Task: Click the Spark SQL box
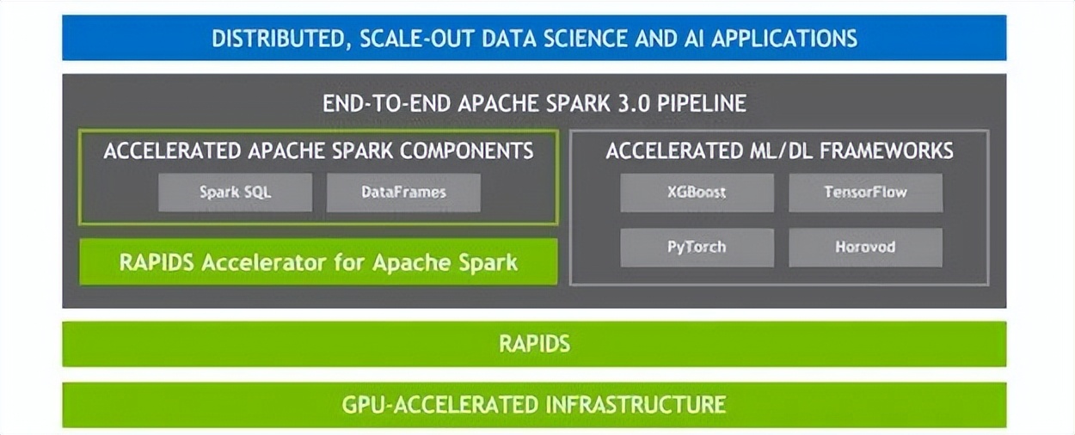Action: coord(235,193)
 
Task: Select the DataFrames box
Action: coord(403,193)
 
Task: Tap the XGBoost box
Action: coord(697,193)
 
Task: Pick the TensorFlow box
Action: coord(865,193)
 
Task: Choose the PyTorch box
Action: coord(697,247)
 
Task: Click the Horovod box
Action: coord(865,247)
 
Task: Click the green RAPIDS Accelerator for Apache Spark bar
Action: coord(318,262)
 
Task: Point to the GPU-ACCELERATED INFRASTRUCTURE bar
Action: coord(534,405)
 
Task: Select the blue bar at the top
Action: coord(534,38)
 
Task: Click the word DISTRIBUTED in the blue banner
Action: coord(277,38)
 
